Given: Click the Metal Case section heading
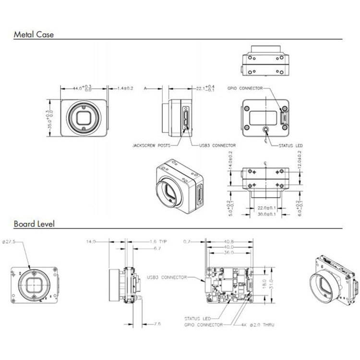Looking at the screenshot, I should pos(34,35).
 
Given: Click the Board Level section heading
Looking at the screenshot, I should pos(34,224).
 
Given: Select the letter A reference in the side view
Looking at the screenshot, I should pos(145,88).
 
